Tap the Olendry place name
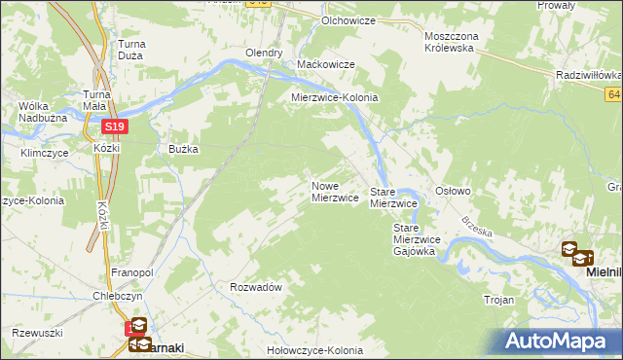coord(264,53)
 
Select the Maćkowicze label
coord(325,65)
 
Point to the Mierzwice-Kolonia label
coord(335,98)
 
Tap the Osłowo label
coord(453,192)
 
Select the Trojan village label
coord(497,301)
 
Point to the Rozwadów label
coord(256,287)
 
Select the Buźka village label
coord(183,149)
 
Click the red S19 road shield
coord(114,126)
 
